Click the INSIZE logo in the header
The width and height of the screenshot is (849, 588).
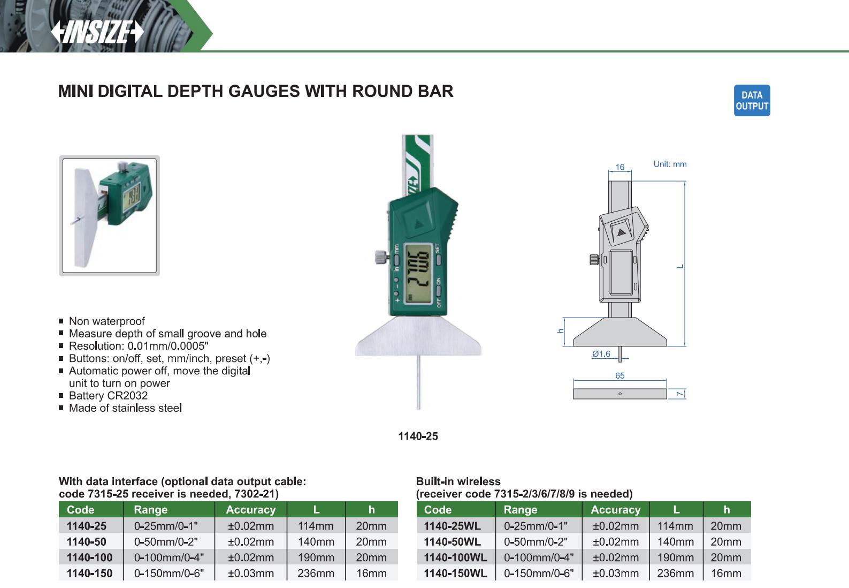click(97, 32)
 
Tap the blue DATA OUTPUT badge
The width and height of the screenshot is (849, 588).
click(752, 101)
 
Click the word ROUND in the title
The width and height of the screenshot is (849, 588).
click(381, 91)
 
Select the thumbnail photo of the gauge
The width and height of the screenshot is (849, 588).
click(110, 215)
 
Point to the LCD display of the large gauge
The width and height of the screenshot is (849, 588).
click(418, 274)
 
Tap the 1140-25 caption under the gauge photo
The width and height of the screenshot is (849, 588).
click(418, 436)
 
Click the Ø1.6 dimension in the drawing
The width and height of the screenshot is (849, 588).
click(601, 354)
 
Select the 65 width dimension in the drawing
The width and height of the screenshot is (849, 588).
click(619, 375)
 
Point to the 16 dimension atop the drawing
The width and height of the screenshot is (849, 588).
click(619, 167)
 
